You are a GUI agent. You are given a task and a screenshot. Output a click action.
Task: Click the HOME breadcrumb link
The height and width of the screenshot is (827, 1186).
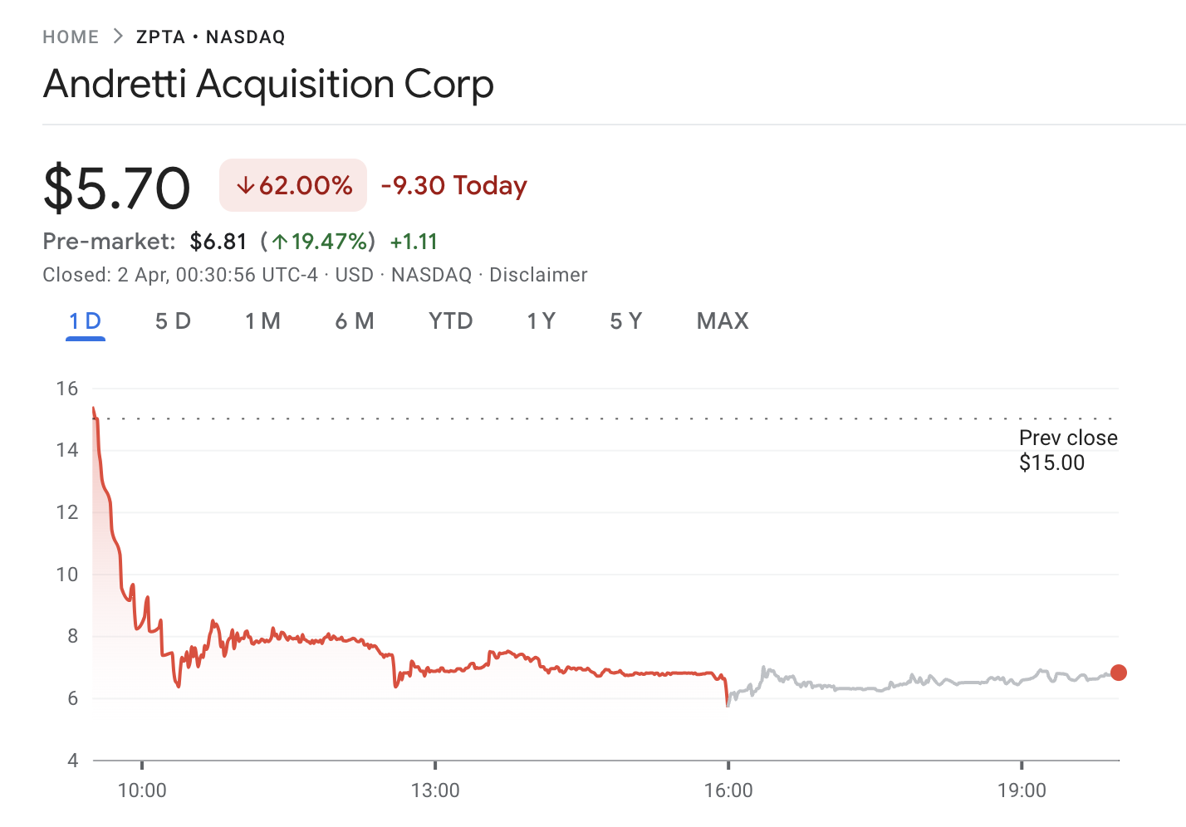(71, 37)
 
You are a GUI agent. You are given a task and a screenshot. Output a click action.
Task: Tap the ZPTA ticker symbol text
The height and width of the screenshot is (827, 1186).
(160, 37)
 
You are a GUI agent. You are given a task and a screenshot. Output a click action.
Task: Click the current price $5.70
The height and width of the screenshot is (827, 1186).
(117, 188)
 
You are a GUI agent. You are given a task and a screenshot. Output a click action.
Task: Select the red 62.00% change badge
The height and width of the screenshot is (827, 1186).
(293, 185)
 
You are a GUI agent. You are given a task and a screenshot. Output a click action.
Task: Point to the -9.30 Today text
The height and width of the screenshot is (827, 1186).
(453, 185)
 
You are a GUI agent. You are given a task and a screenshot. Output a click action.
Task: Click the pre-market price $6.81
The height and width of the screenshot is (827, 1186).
(218, 242)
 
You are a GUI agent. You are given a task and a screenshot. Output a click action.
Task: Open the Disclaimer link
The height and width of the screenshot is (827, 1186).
(538, 275)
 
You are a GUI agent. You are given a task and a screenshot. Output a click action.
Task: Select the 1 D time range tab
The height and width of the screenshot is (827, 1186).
(86, 321)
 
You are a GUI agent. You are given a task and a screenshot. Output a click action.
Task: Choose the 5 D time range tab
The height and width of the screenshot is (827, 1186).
(173, 321)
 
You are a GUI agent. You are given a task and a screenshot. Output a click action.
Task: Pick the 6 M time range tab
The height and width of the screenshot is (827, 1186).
(355, 321)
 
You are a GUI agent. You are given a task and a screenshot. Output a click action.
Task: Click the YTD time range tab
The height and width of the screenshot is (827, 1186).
(451, 321)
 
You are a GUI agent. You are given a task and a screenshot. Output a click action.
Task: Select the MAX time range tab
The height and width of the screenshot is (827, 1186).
(723, 321)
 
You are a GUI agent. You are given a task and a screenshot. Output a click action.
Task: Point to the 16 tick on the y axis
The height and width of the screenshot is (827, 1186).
(67, 389)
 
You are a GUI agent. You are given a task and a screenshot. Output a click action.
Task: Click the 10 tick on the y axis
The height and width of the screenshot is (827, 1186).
(67, 575)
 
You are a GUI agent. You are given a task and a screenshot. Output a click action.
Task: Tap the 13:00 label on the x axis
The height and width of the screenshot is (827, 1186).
(435, 790)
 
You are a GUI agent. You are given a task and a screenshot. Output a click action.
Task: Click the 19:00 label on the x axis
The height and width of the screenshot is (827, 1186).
(1022, 790)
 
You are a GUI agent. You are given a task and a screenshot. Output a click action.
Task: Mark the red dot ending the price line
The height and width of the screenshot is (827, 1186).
(1119, 673)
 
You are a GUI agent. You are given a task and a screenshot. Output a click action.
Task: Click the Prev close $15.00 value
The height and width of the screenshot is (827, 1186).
(1051, 463)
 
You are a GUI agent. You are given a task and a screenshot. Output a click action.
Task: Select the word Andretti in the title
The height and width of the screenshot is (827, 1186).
(115, 84)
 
